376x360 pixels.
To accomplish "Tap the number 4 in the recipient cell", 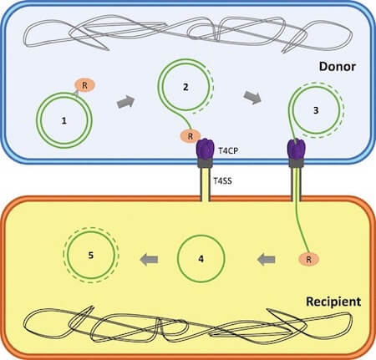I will pyautogui.click(x=200, y=258).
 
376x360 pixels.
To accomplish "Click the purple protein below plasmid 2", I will pyautogui.click(x=205, y=151).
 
